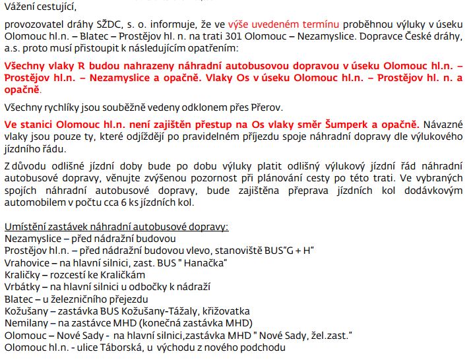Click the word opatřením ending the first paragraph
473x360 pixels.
click(219, 49)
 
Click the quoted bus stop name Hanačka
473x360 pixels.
click(205, 262)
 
